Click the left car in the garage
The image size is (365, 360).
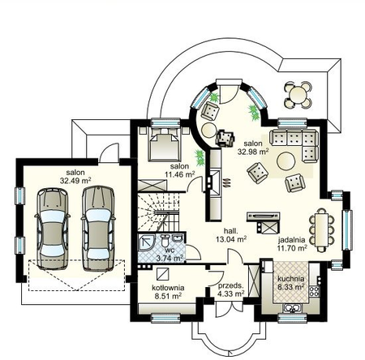click(x=52, y=229)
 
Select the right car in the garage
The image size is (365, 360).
click(x=98, y=229)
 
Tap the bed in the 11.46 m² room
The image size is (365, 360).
click(x=165, y=145)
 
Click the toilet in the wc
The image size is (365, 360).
click(x=165, y=240)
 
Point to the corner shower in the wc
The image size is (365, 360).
click(x=146, y=242)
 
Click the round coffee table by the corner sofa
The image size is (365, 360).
click(x=286, y=161)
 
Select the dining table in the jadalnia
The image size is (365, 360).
click(x=322, y=229)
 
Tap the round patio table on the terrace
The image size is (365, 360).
click(x=298, y=95)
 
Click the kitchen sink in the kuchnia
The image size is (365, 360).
click(x=292, y=308)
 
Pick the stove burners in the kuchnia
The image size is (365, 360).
click(x=314, y=291)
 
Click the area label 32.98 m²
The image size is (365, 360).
click(x=253, y=152)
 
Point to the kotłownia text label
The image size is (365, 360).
click(x=168, y=288)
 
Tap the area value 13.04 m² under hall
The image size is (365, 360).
click(x=231, y=239)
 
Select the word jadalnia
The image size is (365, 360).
click(x=292, y=240)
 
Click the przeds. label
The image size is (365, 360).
click(x=231, y=285)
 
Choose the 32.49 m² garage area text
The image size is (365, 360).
click(x=75, y=181)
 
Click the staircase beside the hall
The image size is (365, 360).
click(x=158, y=212)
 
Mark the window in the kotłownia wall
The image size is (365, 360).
click(x=165, y=318)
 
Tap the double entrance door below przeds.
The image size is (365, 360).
click(x=230, y=310)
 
